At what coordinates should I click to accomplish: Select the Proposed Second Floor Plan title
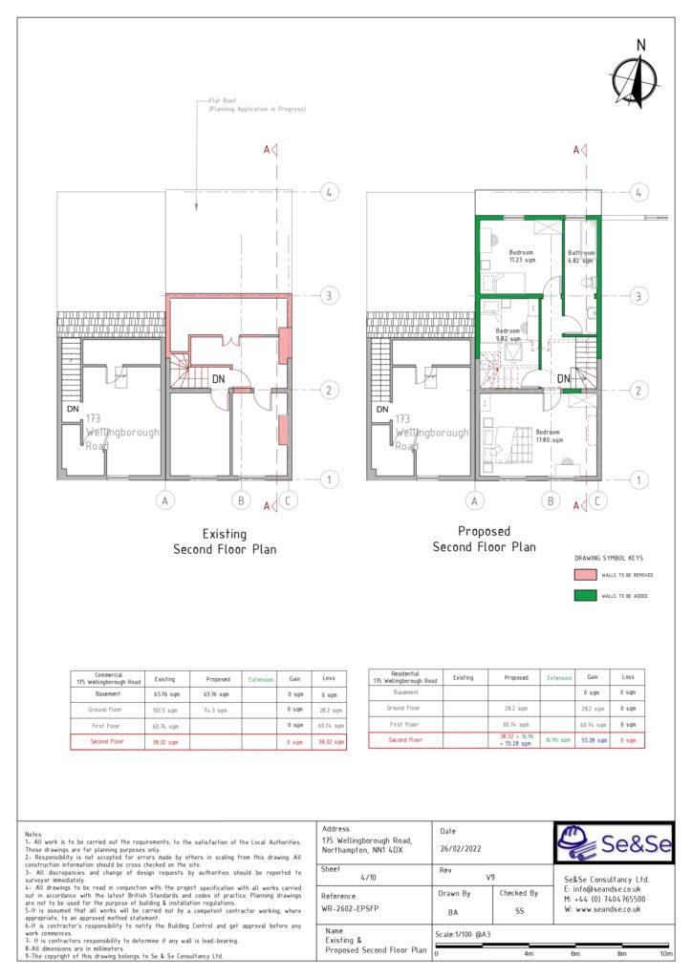(484, 539)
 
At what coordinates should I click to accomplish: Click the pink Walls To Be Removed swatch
(585, 575)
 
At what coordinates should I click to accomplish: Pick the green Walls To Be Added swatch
(585, 596)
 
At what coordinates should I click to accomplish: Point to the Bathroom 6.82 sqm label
(581, 256)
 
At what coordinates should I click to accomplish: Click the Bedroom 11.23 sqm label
(522, 256)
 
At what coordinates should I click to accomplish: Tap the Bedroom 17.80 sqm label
(548, 436)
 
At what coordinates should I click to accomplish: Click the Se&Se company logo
(614, 842)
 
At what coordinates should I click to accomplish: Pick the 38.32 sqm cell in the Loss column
(332, 741)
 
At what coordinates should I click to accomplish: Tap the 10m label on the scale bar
(666, 954)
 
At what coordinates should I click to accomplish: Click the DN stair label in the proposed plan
(564, 378)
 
